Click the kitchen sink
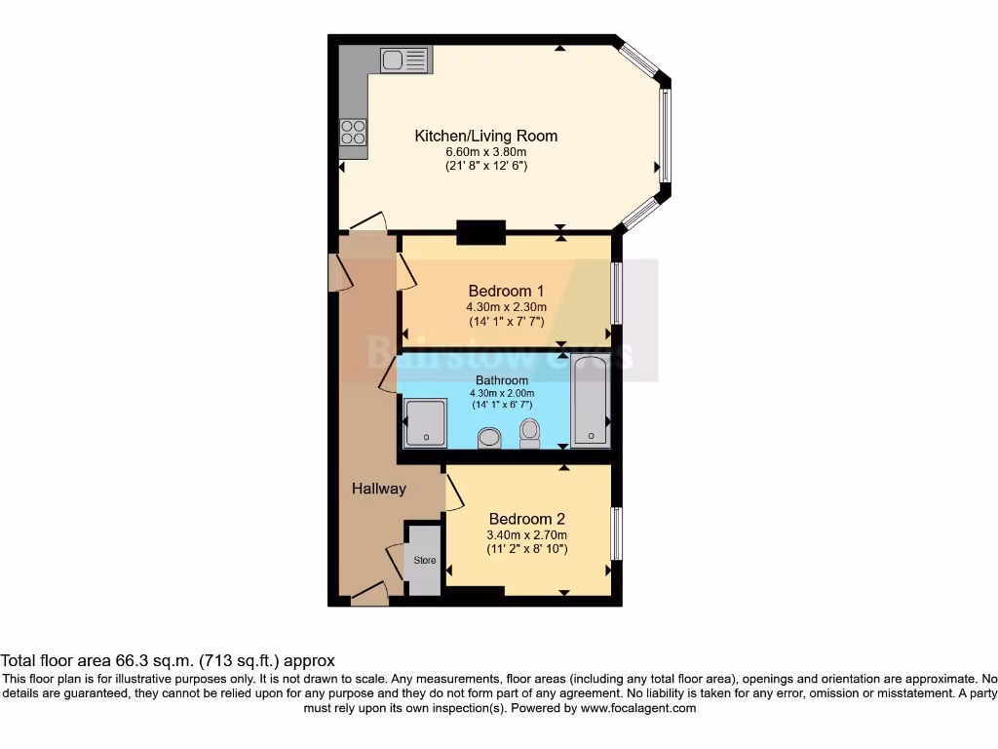tap(404, 60)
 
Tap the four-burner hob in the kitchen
tap(353, 132)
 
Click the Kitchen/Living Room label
tap(486, 136)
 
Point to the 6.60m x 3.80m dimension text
tap(486, 151)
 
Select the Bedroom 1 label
tap(506, 291)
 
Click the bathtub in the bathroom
tap(590, 401)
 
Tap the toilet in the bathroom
tap(530, 432)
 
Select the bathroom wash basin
tap(489, 438)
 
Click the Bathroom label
tap(502, 380)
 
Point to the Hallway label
tap(378, 489)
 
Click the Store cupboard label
tap(424, 561)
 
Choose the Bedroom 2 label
tap(526, 519)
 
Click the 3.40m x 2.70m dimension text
tap(526, 534)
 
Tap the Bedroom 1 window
tap(616, 293)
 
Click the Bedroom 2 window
tap(616, 533)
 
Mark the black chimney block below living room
tap(480, 232)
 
